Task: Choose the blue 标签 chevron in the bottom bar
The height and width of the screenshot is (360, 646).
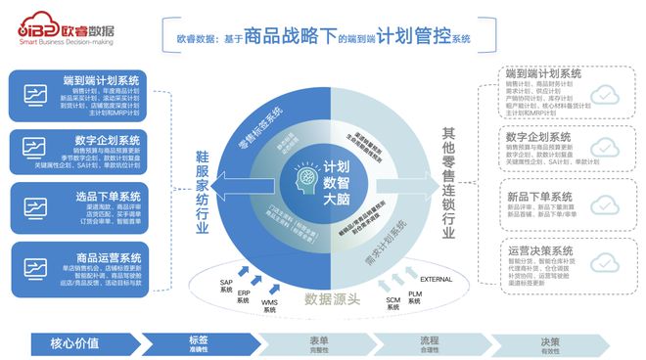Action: click(201, 342)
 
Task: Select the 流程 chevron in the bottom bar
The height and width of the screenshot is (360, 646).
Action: click(432, 342)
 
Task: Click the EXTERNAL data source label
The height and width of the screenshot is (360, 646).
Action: click(438, 280)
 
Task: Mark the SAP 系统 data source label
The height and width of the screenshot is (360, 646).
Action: click(226, 285)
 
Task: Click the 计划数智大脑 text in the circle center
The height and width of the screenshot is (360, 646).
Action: click(338, 181)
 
